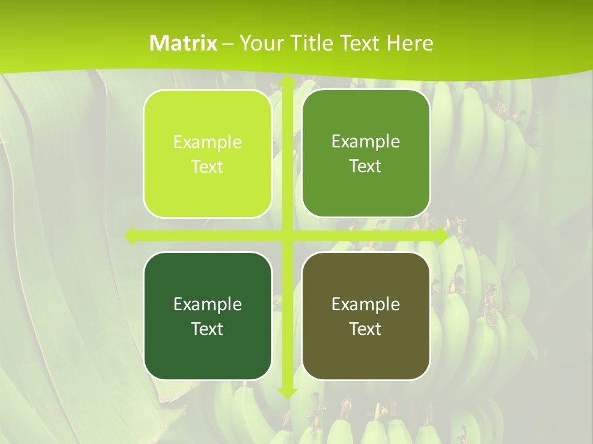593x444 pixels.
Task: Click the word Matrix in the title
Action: (183, 43)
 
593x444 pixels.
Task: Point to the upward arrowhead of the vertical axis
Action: (287, 82)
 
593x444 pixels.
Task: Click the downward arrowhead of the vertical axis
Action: (287, 392)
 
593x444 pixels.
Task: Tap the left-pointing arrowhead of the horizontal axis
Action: (130, 236)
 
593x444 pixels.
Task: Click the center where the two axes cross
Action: (287, 236)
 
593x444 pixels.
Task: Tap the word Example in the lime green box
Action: (208, 142)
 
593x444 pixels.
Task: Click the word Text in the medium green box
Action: (366, 166)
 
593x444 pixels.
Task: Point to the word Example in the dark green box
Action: (208, 304)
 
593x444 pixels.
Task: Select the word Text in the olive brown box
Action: (366, 329)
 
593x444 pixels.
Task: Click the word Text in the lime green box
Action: (208, 167)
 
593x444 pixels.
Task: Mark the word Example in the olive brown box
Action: (366, 304)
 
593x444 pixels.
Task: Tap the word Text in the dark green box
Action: (208, 329)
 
